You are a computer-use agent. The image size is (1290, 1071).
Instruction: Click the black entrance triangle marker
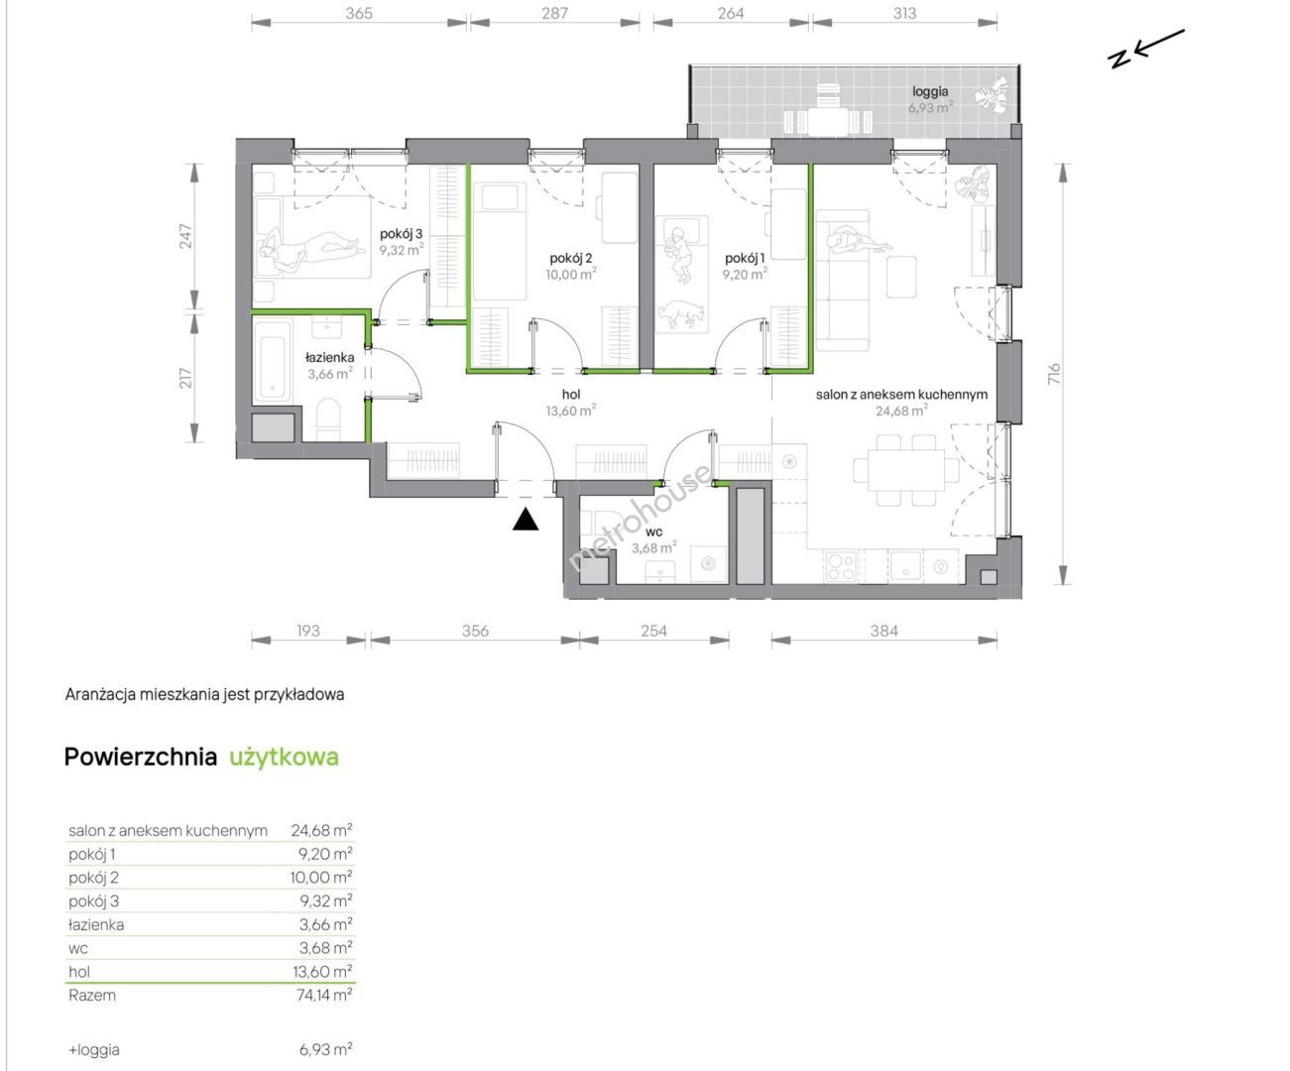point(526,520)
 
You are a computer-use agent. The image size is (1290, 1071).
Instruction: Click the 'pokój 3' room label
point(401,234)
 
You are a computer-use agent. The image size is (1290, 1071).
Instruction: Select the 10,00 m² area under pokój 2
point(571,274)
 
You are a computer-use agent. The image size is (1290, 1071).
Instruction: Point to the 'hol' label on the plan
point(571,395)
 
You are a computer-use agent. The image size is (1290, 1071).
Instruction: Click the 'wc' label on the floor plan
point(653,532)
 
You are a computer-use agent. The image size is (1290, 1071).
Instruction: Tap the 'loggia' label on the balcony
point(930,92)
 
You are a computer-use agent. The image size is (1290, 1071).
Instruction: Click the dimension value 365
point(359,14)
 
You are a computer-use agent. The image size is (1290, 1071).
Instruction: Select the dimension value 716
point(1054,375)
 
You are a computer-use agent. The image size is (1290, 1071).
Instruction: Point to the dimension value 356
point(475,631)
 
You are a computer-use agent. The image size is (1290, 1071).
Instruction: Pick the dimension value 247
point(186,236)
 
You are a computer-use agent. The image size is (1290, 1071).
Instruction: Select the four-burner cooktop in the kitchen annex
point(841,566)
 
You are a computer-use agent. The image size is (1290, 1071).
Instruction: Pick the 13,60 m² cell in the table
point(322,972)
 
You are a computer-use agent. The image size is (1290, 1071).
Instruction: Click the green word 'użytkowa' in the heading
point(285,757)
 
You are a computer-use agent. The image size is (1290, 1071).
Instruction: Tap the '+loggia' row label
point(94,1049)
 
